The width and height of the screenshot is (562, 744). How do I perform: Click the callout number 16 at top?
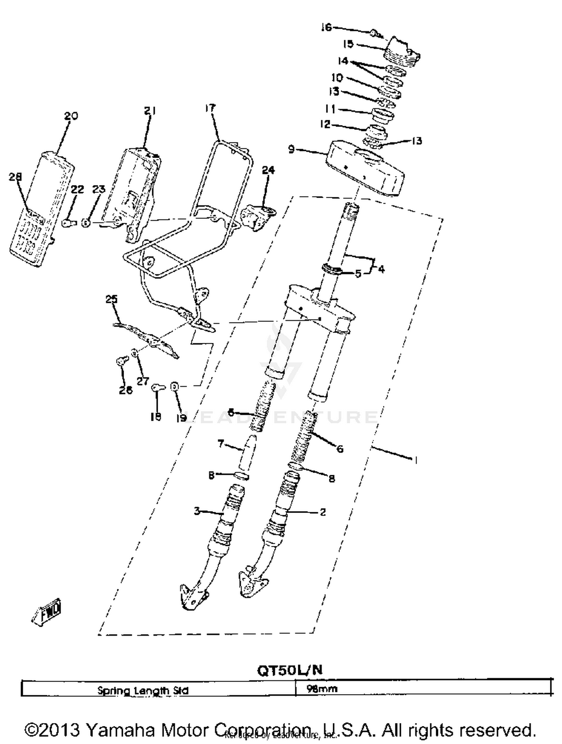click(326, 27)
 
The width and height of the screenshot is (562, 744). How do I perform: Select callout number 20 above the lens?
click(71, 116)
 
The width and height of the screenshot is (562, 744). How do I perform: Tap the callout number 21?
click(150, 111)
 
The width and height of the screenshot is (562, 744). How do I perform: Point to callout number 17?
click(210, 108)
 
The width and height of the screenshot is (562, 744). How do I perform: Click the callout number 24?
click(268, 170)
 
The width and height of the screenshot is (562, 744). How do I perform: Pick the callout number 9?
click(291, 149)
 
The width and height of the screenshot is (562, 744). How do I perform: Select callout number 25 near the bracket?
click(111, 299)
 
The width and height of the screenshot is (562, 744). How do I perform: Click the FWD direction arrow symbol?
click(47, 612)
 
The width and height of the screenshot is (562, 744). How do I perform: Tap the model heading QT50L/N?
click(289, 670)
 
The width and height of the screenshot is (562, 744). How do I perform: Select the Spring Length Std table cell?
click(143, 690)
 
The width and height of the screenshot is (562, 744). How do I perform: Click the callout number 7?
click(221, 444)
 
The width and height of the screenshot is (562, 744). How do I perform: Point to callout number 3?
click(197, 511)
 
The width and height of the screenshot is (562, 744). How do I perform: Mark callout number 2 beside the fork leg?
click(323, 511)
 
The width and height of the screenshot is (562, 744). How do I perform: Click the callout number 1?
click(415, 460)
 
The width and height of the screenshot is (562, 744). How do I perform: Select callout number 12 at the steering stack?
click(325, 124)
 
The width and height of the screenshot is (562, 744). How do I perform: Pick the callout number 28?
click(15, 176)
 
